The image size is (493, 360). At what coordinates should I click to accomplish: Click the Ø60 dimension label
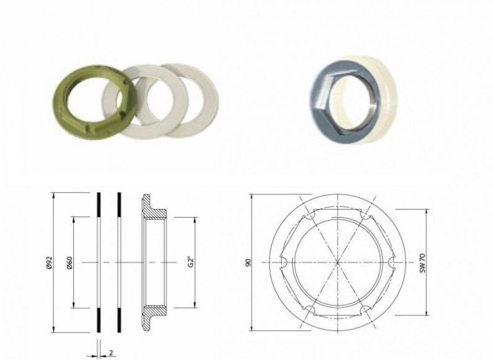point(70,262)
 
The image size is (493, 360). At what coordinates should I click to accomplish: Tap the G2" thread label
point(191,262)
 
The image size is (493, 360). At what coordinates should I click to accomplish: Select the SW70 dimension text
point(423,262)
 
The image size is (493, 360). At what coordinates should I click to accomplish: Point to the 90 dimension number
point(249,262)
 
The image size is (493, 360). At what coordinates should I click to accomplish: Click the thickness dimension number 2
point(111,353)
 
